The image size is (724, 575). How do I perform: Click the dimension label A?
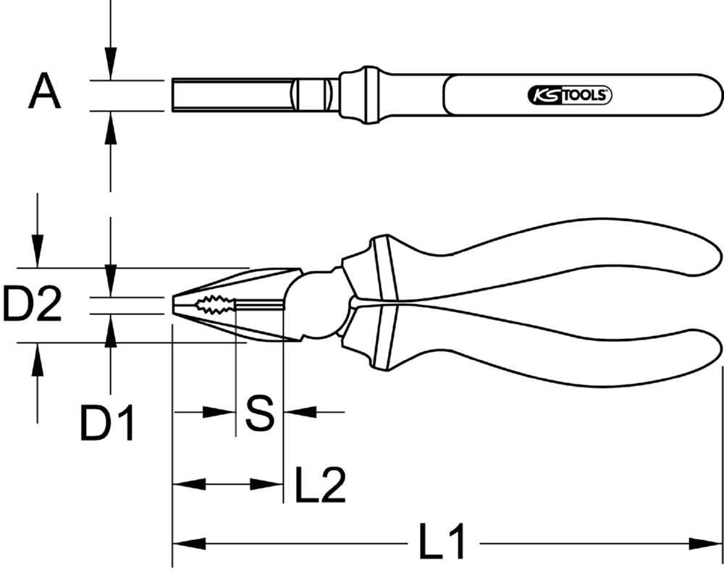(x=44, y=93)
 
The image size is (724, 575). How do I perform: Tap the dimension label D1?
(x=107, y=424)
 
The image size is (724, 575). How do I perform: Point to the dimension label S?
(x=258, y=413)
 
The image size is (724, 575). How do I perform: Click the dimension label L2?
(x=319, y=484)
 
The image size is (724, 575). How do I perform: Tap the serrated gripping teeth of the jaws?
(x=214, y=305)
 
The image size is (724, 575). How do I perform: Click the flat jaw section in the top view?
(x=232, y=94)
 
